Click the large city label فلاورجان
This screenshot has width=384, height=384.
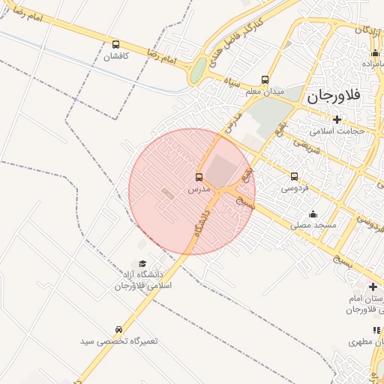click(334, 95)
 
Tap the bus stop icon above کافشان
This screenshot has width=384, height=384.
click(115, 45)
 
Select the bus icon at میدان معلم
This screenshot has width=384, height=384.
click(265, 79)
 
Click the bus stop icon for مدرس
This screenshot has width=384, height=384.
click(199, 178)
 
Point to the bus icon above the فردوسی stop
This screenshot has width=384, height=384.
click(294, 177)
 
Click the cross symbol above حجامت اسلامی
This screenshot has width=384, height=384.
click(337, 119)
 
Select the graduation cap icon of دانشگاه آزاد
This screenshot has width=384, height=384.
click(142, 262)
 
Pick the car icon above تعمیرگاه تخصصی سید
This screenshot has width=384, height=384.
click(119, 330)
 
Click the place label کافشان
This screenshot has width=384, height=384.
click(116, 57)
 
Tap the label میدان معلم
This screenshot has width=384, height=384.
click(266, 91)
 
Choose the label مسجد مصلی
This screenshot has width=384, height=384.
click(315, 225)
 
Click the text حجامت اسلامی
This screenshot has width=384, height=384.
click(338, 130)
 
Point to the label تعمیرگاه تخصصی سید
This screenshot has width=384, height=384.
click(120, 341)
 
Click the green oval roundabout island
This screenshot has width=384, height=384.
click(197, 72)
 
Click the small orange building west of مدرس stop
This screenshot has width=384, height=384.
click(167, 193)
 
